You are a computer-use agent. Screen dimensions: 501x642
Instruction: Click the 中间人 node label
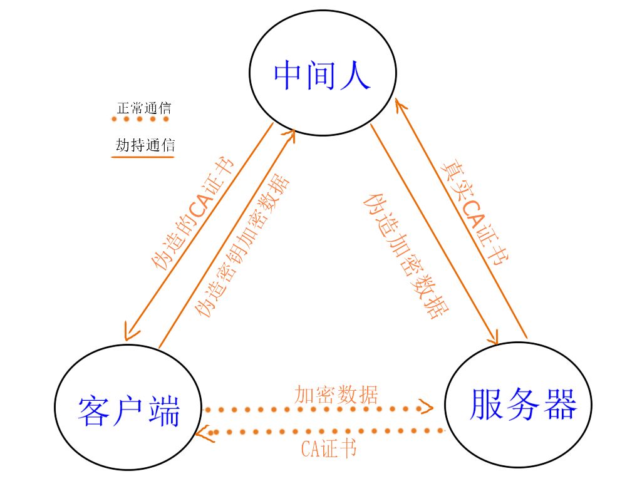click(x=323, y=76)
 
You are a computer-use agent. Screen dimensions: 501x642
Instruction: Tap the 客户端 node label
click(x=129, y=412)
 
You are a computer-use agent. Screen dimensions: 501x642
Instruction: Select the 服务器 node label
click(x=522, y=404)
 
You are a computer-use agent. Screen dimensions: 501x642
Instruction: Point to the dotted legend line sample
click(x=140, y=119)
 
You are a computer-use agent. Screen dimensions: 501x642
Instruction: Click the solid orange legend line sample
click(x=142, y=157)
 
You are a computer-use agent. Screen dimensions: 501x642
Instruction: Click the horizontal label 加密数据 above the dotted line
click(x=336, y=395)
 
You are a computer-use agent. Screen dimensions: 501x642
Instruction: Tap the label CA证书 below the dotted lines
click(x=328, y=448)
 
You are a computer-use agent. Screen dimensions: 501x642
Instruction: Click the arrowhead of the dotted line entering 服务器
click(x=427, y=408)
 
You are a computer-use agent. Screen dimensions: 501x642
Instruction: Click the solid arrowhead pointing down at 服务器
click(x=492, y=337)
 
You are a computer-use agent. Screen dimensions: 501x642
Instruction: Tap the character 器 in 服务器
click(x=559, y=404)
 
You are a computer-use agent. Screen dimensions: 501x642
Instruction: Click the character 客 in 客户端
click(x=95, y=412)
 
